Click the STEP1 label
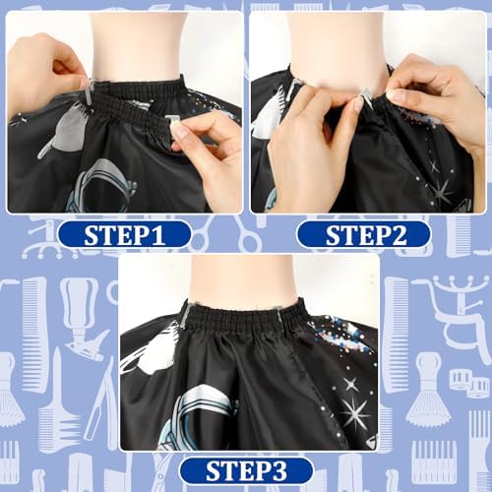coord(124,235)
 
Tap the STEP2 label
coord(363,235)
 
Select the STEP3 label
coord(246,471)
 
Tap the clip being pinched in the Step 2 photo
coord(365,97)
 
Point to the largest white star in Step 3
coord(355,412)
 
